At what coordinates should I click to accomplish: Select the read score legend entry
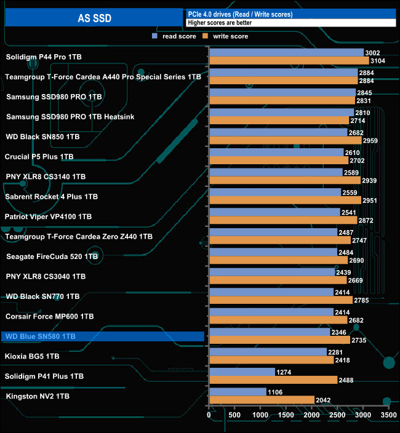(178, 36)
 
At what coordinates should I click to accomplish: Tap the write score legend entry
(230, 36)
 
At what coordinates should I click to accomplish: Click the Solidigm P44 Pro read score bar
(286, 53)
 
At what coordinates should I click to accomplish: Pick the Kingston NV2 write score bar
(262, 400)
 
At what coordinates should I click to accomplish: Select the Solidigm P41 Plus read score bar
(242, 371)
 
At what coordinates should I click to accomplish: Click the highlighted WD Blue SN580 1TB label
(39, 336)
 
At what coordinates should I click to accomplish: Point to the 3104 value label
(379, 61)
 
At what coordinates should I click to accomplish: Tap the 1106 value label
(276, 392)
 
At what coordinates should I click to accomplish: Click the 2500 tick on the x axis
(337, 416)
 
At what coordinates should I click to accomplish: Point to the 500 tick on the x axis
(235, 416)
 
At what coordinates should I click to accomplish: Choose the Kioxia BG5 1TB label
(32, 356)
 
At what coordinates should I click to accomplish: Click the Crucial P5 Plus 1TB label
(39, 157)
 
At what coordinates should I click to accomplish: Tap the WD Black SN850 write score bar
(286, 140)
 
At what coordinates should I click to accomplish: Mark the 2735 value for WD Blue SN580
(360, 340)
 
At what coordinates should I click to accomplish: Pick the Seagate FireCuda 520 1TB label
(52, 256)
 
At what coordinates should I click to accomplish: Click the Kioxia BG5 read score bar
(268, 352)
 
